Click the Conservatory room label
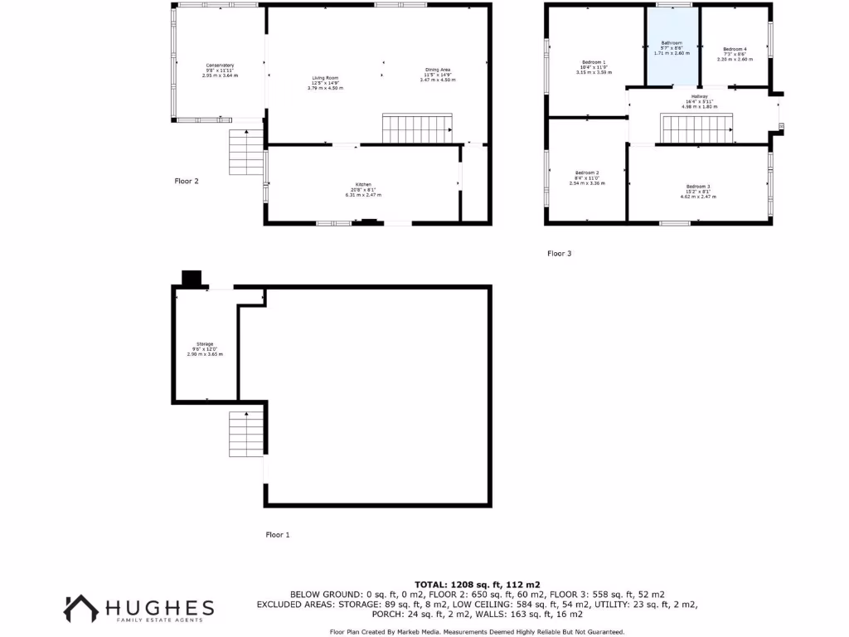tap(220, 66)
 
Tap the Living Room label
tap(325, 78)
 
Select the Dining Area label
tap(438, 70)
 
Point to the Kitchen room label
tap(363, 183)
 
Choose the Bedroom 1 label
tap(594, 62)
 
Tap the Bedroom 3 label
tap(697, 186)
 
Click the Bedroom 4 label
tap(735, 49)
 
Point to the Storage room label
tap(205, 344)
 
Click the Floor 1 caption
tap(277, 535)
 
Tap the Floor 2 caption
tap(187, 181)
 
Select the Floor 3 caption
tap(560, 253)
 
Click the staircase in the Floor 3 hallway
tap(697, 129)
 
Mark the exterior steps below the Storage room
tap(246, 433)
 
